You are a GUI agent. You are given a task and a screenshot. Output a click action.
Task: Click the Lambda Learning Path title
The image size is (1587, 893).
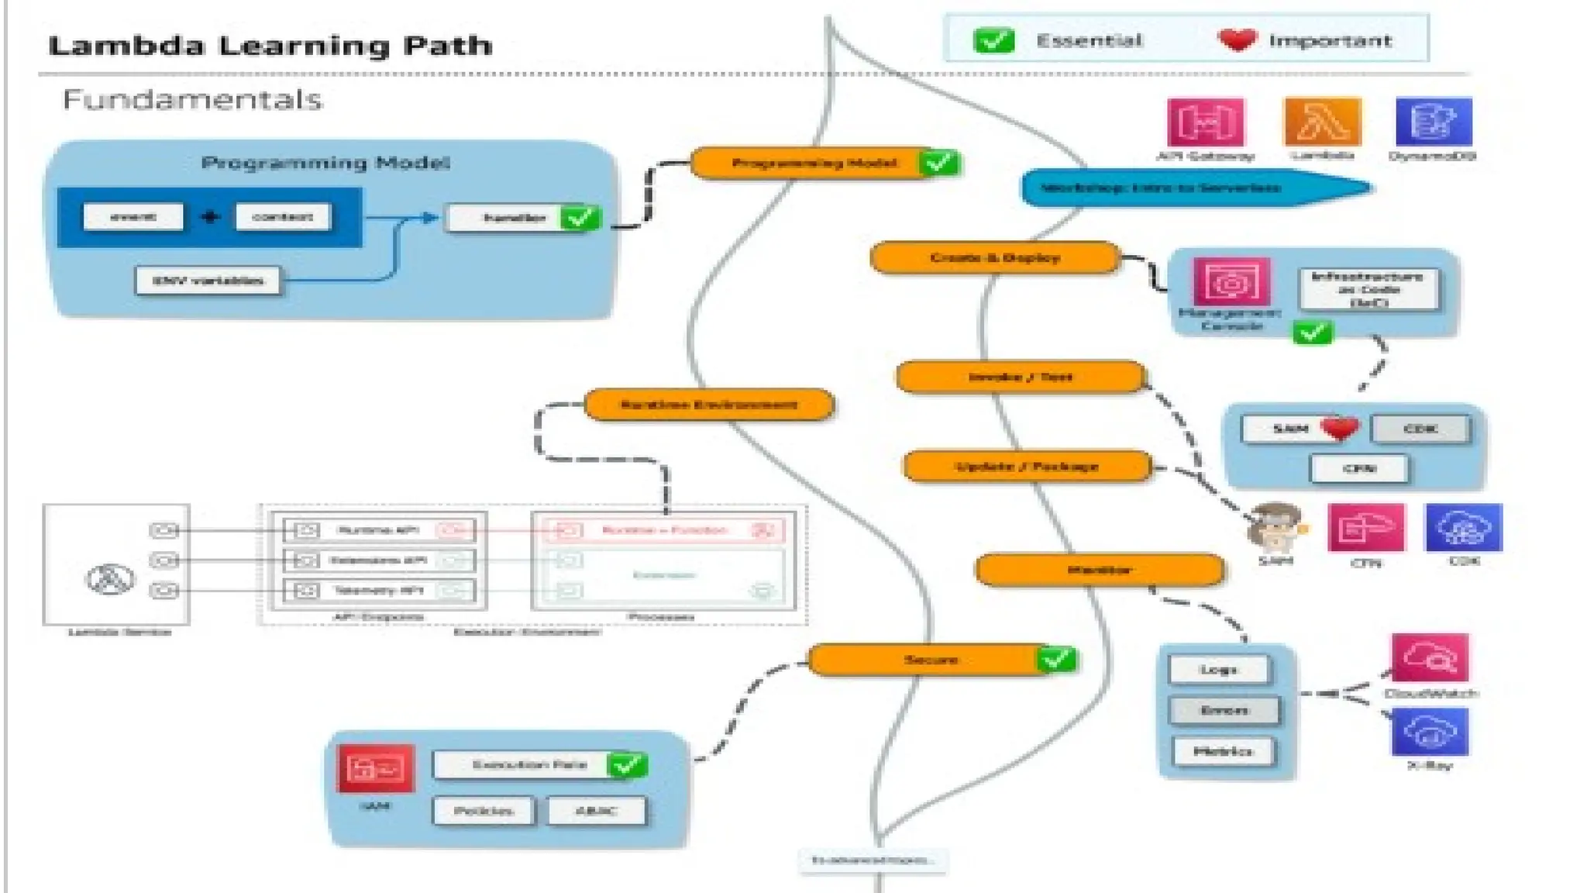coord(270,46)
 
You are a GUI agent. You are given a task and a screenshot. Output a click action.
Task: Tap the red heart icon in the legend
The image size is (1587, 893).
coord(1237,40)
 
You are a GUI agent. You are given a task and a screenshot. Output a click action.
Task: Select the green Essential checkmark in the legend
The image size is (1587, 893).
coord(993,40)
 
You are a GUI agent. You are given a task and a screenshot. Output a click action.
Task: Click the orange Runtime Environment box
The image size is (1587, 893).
coord(708,405)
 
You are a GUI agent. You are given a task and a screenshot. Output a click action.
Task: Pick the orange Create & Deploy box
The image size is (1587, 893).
coord(995,257)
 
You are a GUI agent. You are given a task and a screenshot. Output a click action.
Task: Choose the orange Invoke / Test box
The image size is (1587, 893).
coord(1021,377)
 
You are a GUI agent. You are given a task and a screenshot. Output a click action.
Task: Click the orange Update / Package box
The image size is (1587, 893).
coord(1027,466)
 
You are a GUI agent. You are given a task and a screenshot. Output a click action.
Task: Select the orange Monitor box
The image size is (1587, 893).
coord(1099,570)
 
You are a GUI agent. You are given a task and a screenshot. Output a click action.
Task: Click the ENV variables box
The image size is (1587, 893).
coord(208,281)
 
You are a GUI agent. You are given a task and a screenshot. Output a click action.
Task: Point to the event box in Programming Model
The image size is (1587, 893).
coord(133,216)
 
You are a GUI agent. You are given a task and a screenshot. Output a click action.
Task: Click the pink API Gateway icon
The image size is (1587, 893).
coord(1205,122)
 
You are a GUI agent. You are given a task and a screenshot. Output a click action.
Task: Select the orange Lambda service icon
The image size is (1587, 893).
coord(1322,122)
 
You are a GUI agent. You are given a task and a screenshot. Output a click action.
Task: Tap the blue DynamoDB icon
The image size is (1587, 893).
coord(1433,122)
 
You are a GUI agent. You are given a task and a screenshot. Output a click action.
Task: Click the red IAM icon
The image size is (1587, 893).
coord(376,768)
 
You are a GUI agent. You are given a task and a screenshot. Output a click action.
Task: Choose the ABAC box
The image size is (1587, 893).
coord(596,811)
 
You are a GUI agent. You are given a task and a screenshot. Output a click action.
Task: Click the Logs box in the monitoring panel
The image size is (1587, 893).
coord(1219,669)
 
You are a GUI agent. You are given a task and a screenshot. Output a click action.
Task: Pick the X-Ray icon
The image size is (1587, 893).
coord(1430,731)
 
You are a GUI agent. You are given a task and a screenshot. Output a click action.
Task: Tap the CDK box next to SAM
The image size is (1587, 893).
coord(1420,429)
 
